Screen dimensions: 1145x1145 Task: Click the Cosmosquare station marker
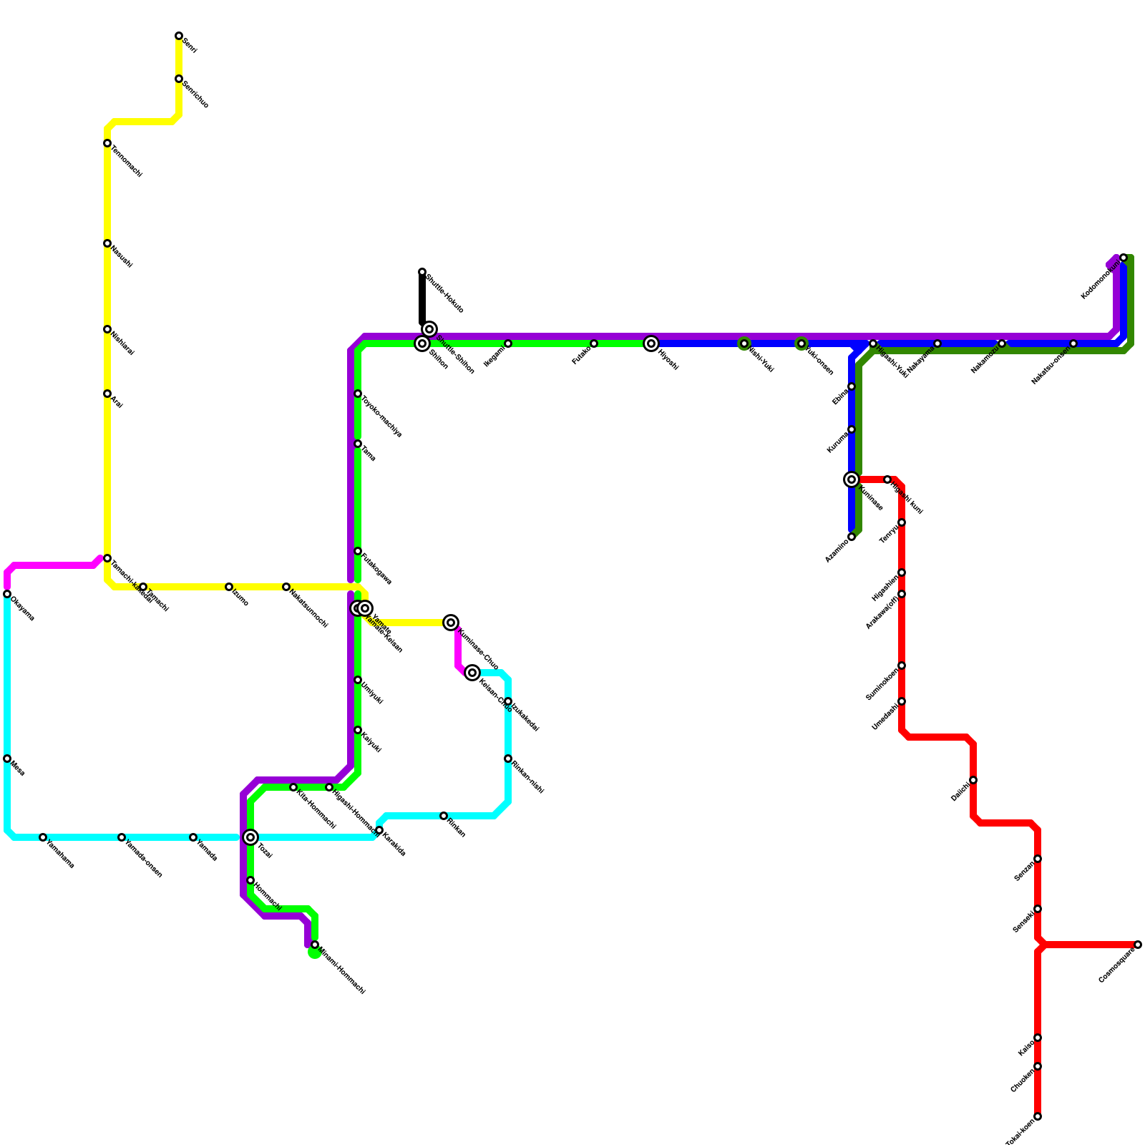click(x=1138, y=945)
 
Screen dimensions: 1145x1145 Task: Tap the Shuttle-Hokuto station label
click(x=445, y=293)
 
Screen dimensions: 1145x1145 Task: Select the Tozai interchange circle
click(x=250, y=837)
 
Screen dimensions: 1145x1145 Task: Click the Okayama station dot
click(x=7, y=594)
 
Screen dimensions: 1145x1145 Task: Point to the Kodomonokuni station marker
click(x=1124, y=258)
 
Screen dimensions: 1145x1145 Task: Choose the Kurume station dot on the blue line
click(x=852, y=429)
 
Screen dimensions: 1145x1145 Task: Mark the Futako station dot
click(x=594, y=343)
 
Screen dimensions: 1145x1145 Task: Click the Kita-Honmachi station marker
click(x=293, y=787)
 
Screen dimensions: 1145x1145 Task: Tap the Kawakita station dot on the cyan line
click(x=379, y=830)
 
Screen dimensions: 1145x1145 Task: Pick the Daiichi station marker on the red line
click(x=973, y=780)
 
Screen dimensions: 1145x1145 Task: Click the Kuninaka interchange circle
click(x=852, y=479)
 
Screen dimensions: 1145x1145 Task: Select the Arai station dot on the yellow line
click(x=107, y=394)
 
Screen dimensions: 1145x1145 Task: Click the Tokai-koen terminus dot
click(x=1038, y=1116)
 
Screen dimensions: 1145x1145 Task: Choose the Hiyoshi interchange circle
click(x=651, y=343)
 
